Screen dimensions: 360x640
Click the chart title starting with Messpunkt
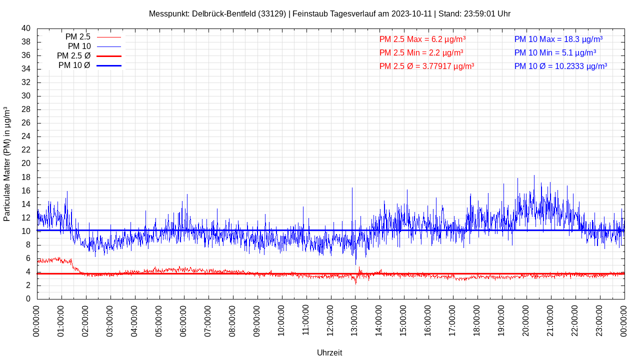pyautogui.click(x=329, y=14)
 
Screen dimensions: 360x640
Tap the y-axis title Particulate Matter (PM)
pyautogui.click(x=7, y=164)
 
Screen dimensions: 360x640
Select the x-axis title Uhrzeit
pyautogui.click(x=329, y=352)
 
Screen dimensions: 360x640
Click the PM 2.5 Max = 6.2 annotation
pyautogui.click(x=422, y=39)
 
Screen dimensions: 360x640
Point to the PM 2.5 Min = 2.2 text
pyautogui.click(x=421, y=52)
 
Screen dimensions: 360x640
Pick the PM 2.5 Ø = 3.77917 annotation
pyautogui.click(x=426, y=66)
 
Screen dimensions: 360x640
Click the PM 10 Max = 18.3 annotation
pyautogui.click(x=558, y=39)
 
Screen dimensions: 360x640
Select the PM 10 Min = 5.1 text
pyautogui.click(x=555, y=52)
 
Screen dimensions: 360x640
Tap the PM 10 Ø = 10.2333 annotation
pyautogui.click(x=560, y=66)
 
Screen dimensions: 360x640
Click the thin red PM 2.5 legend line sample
pyautogui.click(x=109, y=37)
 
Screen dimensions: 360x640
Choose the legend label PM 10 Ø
pyautogui.click(x=74, y=65)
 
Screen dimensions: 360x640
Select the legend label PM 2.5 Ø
pyautogui.click(x=73, y=56)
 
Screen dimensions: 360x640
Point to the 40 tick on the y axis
pyautogui.click(x=26, y=28)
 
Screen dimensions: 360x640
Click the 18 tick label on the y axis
pyautogui.click(x=26, y=177)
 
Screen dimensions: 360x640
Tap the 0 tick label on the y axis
pyautogui.click(x=28, y=299)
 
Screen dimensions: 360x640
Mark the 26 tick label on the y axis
pyautogui.click(x=26, y=123)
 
